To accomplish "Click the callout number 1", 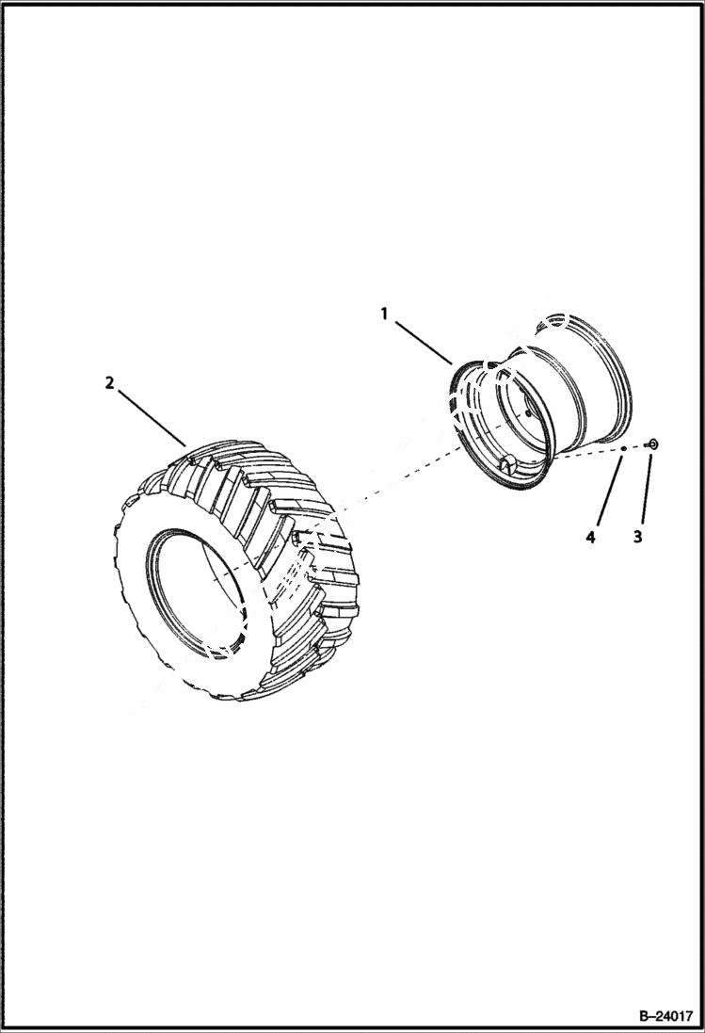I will pos(384,314).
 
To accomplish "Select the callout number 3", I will pos(637,538).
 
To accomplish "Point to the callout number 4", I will pos(590,538).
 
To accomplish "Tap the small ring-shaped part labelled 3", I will pos(653,444).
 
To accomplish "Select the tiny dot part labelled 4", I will pos(622,449).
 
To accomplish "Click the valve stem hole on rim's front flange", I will pos(505,461).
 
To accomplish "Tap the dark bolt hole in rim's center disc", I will pos(528,412).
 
